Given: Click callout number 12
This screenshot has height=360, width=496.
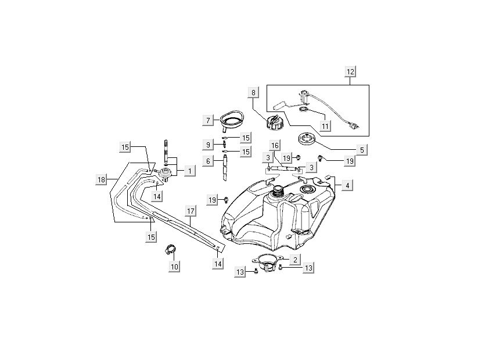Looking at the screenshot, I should [350, 72].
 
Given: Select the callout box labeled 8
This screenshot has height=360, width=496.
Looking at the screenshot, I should [253, 92].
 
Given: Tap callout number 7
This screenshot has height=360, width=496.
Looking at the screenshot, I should [207, 121].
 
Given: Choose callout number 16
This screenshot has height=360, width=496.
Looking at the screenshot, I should [275, 145].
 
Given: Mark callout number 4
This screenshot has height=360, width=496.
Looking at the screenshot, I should [347, 186].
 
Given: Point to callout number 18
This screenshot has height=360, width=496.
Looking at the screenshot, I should [101, 180].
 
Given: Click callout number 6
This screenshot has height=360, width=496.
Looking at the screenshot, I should [207, 161].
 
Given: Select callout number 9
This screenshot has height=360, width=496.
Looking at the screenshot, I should [207, 144].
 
